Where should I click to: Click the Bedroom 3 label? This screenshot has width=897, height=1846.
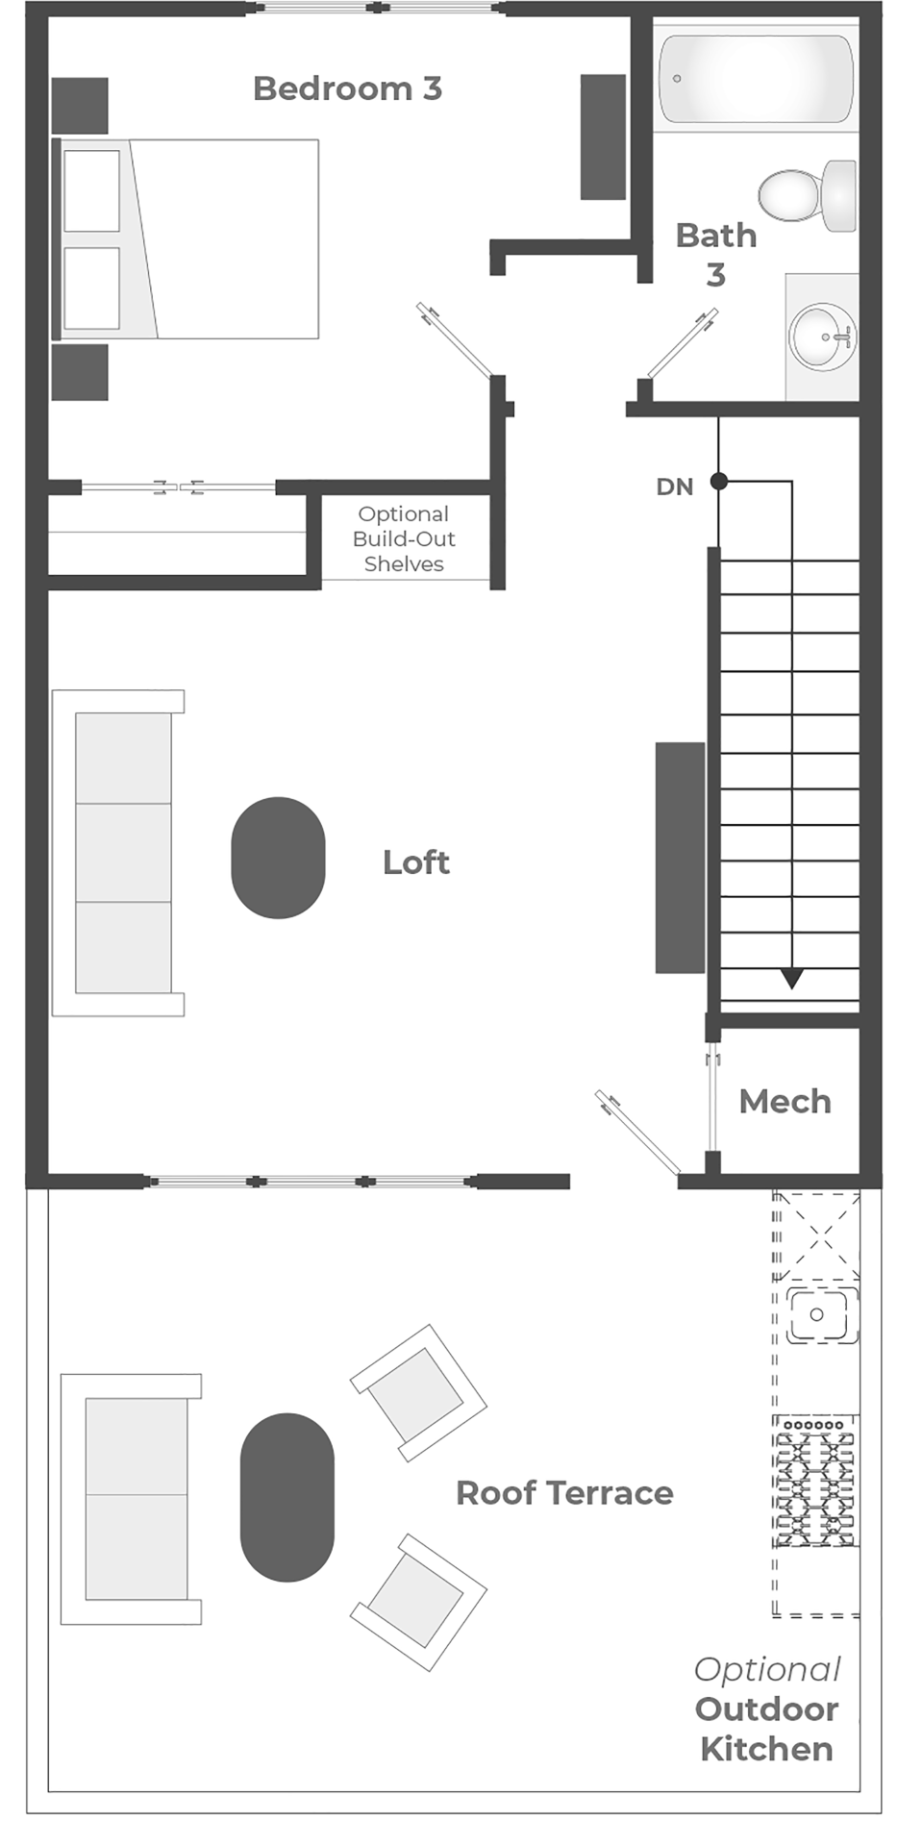coord(347,88)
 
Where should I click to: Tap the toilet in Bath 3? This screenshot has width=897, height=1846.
coord(807,196)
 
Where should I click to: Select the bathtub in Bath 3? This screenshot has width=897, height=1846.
coord(756,79)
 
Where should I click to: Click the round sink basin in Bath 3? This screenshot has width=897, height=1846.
coord(822,337)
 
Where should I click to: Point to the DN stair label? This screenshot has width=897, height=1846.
coord(674,487)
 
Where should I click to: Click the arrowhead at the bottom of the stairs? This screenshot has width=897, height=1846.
coord(791,979)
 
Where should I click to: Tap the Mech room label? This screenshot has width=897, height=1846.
coord(785,1102)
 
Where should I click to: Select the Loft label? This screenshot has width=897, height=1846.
coord(415,862)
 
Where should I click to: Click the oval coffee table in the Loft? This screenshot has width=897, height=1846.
coord(278,858)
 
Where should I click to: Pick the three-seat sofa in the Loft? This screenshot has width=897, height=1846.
coord(118,853)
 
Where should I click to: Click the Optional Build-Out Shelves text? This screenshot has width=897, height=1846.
coord(404,539)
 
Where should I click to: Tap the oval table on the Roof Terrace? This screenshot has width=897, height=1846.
coord(287,1497)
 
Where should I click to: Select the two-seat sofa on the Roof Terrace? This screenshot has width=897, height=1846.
coord(131,1499)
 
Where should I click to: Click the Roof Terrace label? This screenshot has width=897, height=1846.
coord(564,1493)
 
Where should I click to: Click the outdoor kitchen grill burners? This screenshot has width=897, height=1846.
coord(815,1481)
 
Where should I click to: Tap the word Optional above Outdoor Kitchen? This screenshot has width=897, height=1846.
coord(767,1670)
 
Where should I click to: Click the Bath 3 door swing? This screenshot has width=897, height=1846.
coord(683,343)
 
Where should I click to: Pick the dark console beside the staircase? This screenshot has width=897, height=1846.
coord(681,858)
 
